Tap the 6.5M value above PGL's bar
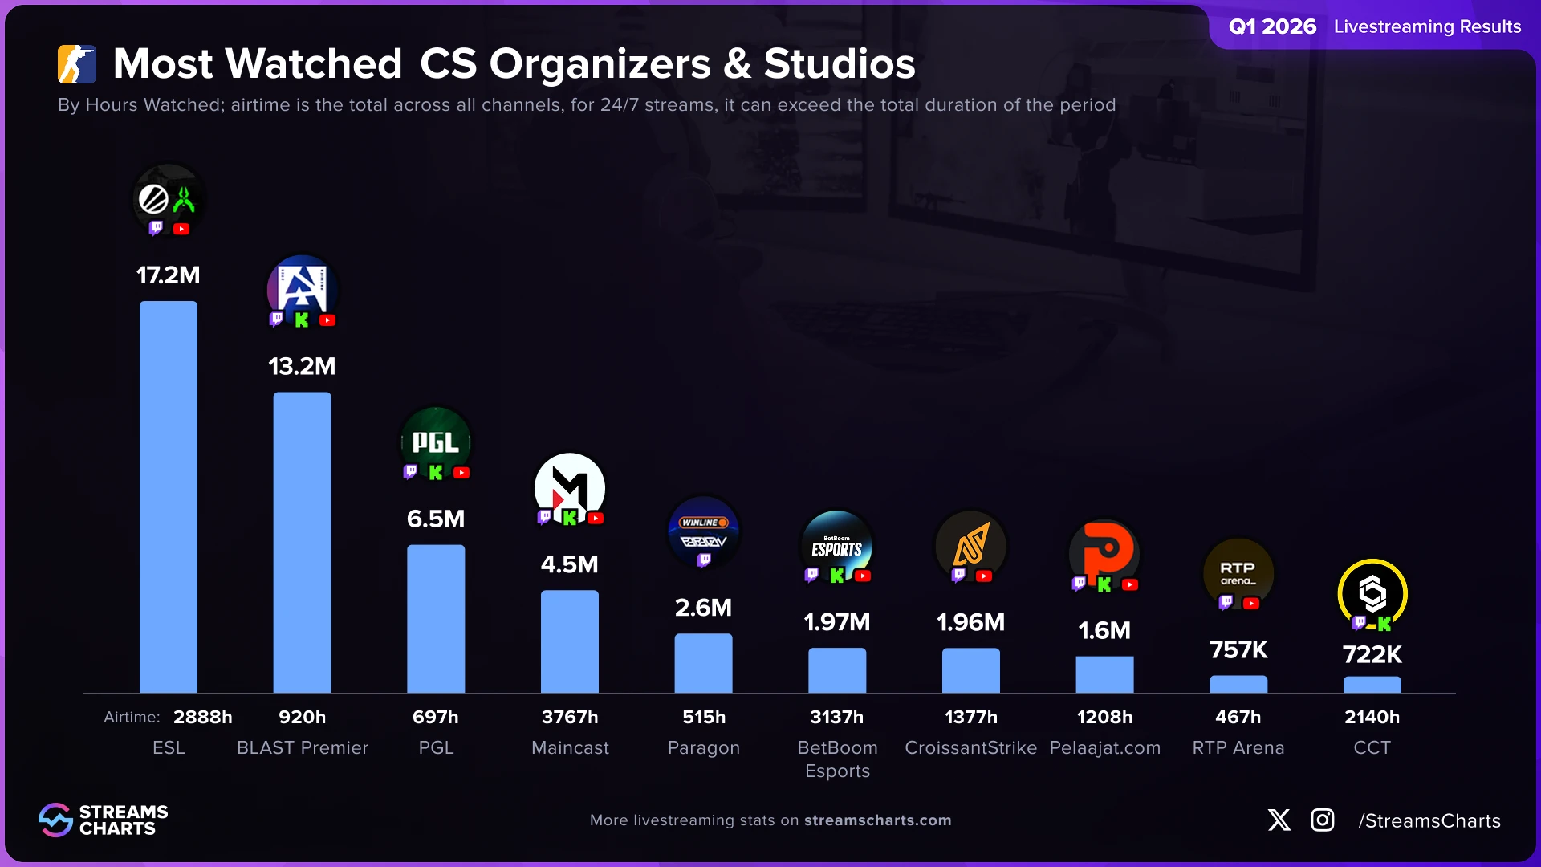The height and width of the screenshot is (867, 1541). coord(436,519)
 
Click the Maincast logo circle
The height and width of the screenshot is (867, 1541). coord(570,487)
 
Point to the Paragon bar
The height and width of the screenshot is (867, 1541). coord(703,663)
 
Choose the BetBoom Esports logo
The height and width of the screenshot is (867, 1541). coord(837,545)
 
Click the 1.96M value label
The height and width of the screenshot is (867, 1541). coord(970,622)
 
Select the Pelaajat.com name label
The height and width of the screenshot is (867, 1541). coord(1105,747)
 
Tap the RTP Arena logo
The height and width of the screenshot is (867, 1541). coord(1238,573)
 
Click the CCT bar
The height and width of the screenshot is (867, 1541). coord(1372,685)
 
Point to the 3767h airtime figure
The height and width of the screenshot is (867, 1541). coord(570,717)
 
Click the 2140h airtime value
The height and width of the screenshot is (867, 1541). coord(1372,717)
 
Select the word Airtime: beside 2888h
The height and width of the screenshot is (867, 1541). coord(132,717)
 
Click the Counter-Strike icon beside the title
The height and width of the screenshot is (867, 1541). coord(77,64)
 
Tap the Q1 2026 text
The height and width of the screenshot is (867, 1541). coord(1272,26)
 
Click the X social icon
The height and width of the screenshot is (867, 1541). coord(1279,820)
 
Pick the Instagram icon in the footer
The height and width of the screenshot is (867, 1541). coord(1323,820)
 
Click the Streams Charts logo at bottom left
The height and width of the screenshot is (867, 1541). coord(103,820)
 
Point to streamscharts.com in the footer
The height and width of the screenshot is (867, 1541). coord(877,820)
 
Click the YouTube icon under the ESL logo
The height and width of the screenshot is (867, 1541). coord(182,229)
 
